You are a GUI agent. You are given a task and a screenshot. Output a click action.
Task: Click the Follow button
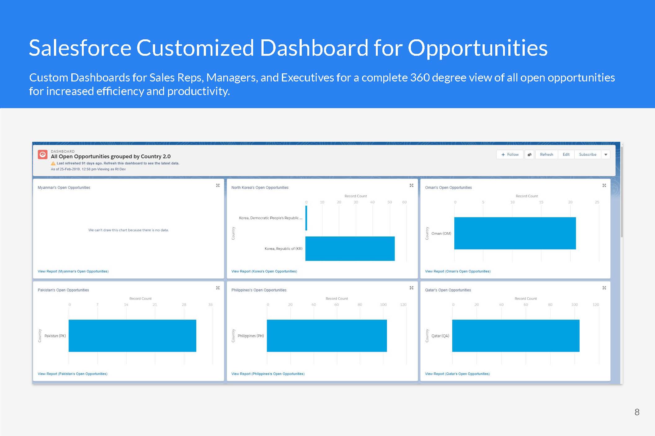click(510, 155)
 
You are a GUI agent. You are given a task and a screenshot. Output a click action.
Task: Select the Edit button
click(566, 155)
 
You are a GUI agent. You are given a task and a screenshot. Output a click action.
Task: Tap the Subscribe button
click(587, 155)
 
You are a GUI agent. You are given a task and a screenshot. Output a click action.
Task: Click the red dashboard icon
click(42, 154)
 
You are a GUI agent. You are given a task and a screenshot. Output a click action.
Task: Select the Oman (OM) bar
click(515, 233)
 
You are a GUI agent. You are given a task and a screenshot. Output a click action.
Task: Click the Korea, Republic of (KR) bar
click(350, 249)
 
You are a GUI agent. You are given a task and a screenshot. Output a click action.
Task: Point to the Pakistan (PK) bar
click(132, 336)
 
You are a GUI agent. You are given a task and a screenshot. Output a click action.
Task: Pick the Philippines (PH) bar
click(327, 336)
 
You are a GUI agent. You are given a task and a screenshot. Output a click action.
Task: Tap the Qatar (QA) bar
click(516, 336)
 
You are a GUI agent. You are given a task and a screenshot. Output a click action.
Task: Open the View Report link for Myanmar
click(73, 271)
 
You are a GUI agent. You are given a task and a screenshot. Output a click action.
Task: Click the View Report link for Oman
click(458, 271)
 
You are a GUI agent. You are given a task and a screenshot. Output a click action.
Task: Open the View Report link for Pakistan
click(73, 374)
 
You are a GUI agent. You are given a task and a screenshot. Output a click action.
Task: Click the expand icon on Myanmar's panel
click(218, 185)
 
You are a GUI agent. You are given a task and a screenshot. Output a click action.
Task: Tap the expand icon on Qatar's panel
click(604, 288)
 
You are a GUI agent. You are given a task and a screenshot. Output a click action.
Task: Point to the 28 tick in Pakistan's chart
click(184, 305)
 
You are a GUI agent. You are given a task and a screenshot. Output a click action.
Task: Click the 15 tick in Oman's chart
click(541, 202)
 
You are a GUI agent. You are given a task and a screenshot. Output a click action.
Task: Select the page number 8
click(637, 412)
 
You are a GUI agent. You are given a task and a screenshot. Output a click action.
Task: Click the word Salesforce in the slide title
click(80, 48)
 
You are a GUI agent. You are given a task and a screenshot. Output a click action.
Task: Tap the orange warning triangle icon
click(53, 163)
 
